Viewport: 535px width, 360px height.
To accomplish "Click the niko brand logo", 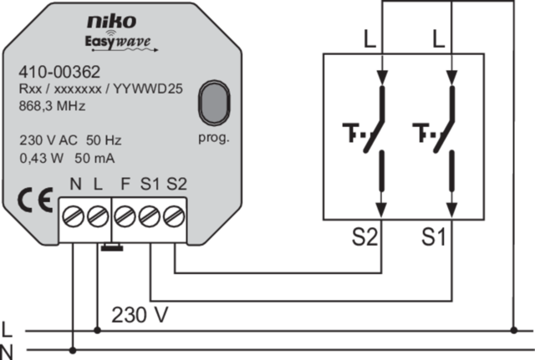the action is pos(112,22).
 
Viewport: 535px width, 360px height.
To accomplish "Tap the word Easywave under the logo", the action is pos(118,42).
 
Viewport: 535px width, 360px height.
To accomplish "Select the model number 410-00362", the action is pos(59,72).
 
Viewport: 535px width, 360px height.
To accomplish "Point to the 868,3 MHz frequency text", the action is pos(52,106).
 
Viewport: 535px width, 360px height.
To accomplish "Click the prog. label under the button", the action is pos(214,138).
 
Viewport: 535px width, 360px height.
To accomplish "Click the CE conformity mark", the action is pos(35,200).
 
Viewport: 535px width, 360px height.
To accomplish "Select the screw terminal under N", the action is pos(73,216).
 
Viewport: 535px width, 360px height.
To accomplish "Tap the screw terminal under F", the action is pos(125,216).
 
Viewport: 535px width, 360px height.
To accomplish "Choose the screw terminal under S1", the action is pos(149,216).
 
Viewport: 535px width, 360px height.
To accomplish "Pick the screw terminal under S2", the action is pos(174,216).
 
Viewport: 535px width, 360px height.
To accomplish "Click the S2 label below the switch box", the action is pos(364,237).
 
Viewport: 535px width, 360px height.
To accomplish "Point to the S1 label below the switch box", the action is pos(433,237).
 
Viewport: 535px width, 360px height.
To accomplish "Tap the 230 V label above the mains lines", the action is pos(140,315).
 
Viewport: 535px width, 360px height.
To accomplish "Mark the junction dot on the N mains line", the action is pos(73,350).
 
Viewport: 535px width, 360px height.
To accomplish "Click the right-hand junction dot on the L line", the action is pos(514,330).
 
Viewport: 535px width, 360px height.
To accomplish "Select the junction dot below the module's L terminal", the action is pos(97,330).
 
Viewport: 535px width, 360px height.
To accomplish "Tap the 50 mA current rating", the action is pos(94,158).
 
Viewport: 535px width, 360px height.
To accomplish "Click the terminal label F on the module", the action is pos(125,184).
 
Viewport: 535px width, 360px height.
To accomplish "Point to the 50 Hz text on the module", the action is pos(104,140).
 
